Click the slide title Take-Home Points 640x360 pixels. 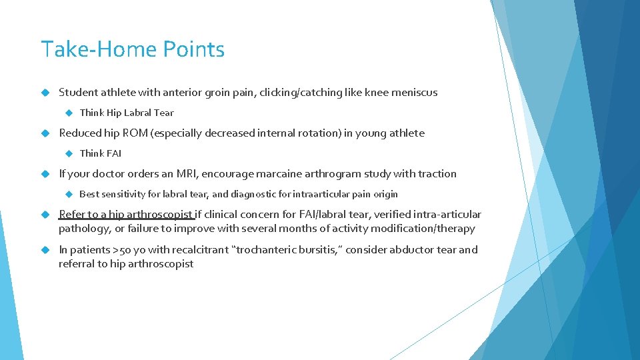(133, 50)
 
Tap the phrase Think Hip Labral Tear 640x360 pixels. (126, 113)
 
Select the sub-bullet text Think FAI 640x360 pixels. (100, 153)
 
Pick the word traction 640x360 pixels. (437, 174)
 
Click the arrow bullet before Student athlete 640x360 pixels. (45, 93)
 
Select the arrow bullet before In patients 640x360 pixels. (45, 250)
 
